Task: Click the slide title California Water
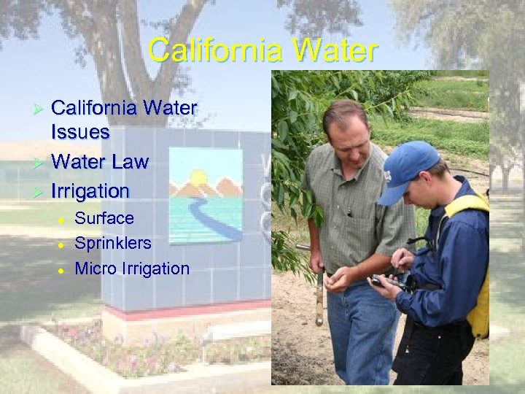click(262, 51)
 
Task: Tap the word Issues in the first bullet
click(80, 132)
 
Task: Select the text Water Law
click(100, 162)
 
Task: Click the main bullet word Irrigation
click(90, 192)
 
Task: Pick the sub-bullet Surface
click(104, 218)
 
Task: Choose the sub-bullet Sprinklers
click(113, 243)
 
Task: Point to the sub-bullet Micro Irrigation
click(132, 269)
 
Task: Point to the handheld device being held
click(385, 280)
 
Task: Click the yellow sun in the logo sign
click(198, 177)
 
